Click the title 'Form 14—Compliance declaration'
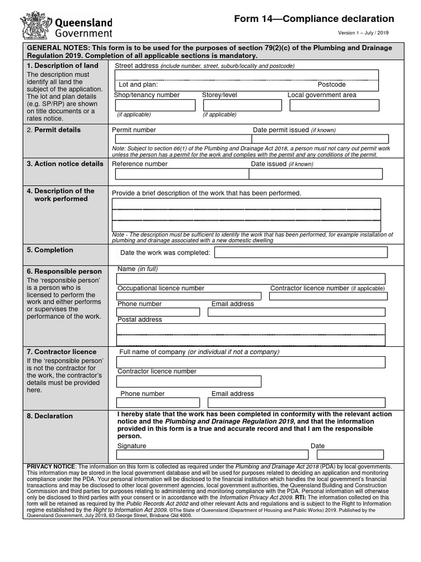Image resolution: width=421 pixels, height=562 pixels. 314,19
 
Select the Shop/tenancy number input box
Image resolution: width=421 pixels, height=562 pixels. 155,105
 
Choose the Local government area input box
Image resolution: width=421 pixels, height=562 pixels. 335,105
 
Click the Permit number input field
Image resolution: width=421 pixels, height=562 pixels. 178,139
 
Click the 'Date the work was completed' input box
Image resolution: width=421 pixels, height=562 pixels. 300,252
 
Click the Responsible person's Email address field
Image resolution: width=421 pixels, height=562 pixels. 297,312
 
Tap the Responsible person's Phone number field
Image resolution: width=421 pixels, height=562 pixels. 158,312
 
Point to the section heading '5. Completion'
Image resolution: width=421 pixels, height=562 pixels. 50,250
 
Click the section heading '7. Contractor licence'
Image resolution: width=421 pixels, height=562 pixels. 61,352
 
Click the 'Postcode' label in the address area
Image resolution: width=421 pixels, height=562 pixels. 332,85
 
